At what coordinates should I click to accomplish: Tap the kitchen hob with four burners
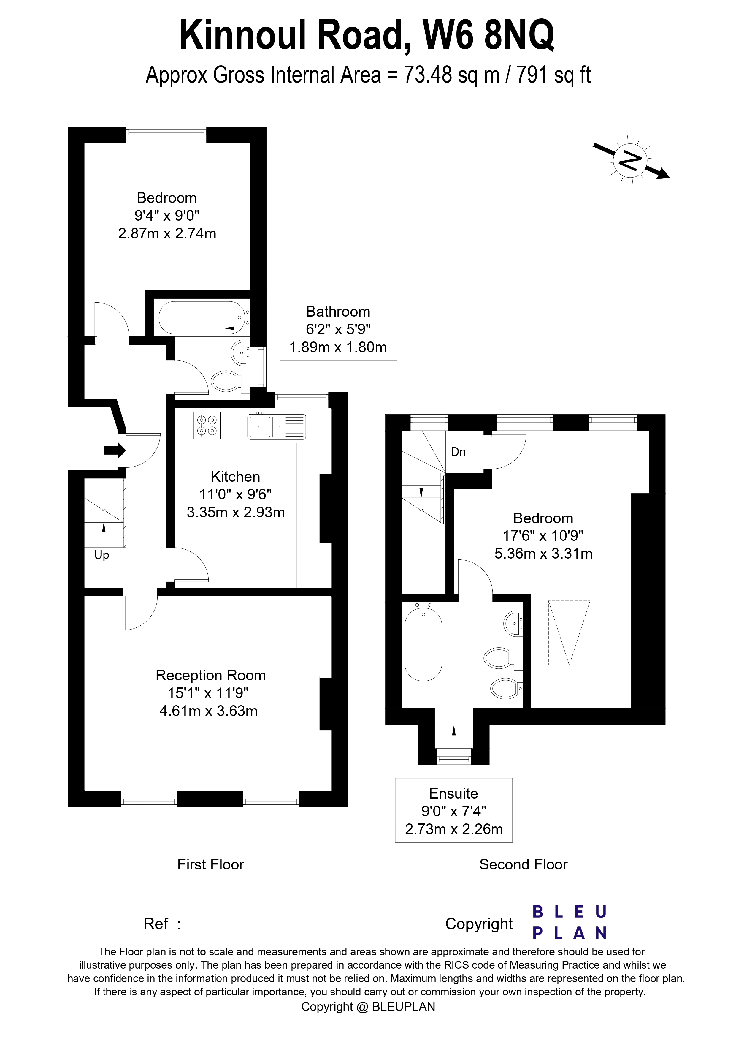tap(207, 425)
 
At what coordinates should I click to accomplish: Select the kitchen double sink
tap(276, 427)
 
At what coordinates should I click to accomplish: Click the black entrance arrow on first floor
tap(114, 451)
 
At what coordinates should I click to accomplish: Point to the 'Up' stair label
tap(101, 555)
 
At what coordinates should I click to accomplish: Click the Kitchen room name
tap(235, 477)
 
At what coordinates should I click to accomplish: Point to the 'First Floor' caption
tap(210, 864)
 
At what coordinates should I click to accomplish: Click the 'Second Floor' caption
tap(523, 864)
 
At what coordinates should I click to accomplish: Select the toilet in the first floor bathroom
tap(226, 381)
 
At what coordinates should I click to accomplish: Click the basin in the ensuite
tap(513, 624)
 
